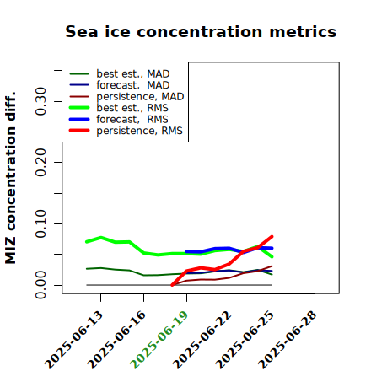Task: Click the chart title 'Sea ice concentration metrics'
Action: pos(201,31)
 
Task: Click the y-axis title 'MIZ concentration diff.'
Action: pos(10,178)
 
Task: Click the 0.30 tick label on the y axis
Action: pos(40,101)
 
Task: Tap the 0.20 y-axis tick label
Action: pos(40,163)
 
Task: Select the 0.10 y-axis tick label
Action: pos(40,223)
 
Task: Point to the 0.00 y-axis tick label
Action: pos(40,285)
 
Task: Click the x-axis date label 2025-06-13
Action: pos(74,340)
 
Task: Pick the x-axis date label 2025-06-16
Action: pos(117,340)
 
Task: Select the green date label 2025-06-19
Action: pos(159,340)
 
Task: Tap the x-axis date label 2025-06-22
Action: pos(202,340)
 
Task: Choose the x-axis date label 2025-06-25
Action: pos(245,340)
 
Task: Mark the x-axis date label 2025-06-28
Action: pos(288,340)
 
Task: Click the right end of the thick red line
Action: pos(272,237)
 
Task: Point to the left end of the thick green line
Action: pos(87,242)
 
